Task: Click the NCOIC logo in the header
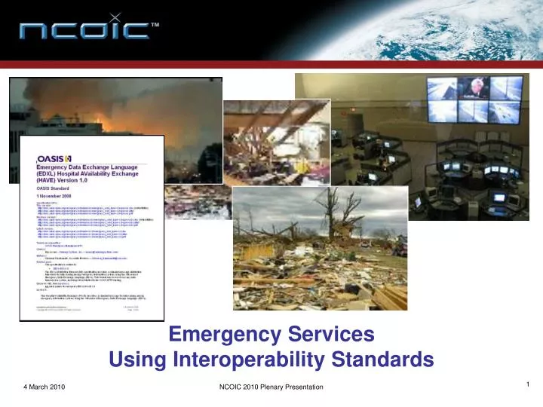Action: click(84, 31)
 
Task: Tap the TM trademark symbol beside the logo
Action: click(155, 25)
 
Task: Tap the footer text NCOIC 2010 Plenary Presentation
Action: click(265, 387)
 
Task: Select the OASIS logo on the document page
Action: click(54, 159)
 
